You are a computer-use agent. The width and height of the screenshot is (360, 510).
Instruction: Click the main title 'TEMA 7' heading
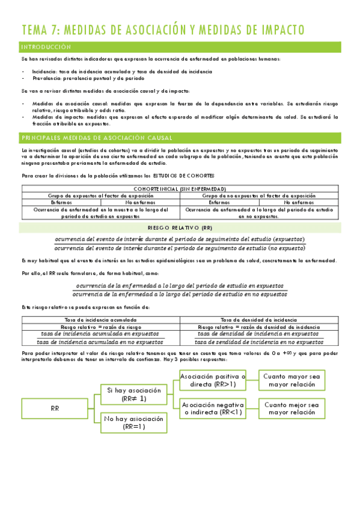point(162,29)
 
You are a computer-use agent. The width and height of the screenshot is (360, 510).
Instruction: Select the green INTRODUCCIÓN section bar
point(180,47)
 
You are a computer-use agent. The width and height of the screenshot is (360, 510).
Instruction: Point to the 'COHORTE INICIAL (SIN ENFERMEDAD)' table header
point(180,189)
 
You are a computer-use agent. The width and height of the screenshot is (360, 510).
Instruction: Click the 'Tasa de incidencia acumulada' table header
point(100,320)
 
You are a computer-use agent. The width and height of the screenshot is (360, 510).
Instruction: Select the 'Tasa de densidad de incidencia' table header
point(259,320)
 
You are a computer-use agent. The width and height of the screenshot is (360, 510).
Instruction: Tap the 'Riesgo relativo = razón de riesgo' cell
point(100,327)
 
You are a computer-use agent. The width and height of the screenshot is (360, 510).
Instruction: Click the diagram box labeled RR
point(53,408)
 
